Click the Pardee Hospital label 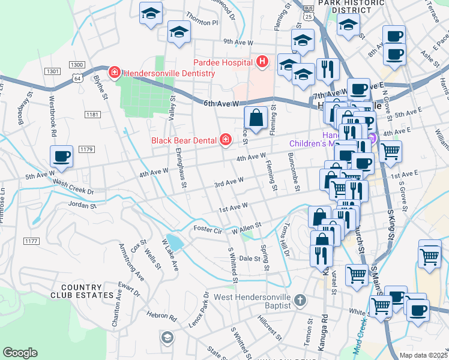[x=222, y=62]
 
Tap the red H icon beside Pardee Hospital [x=261, y=61]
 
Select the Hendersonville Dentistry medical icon [x=113, y=73]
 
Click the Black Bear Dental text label [x=184, y=140]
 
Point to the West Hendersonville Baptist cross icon [x=300, y=299]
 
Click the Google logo [x=20, y=353]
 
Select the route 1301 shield [x=52, y=71]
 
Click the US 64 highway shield [x=77, y=78]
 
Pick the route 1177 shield [x=31, y=241]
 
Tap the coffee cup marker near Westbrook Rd [x=62, y=157]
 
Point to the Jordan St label [x=83, y=205]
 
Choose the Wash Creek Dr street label [x=73, y=186]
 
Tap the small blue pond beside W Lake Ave [x=174, y=242]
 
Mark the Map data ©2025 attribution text [x=424, y=355]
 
